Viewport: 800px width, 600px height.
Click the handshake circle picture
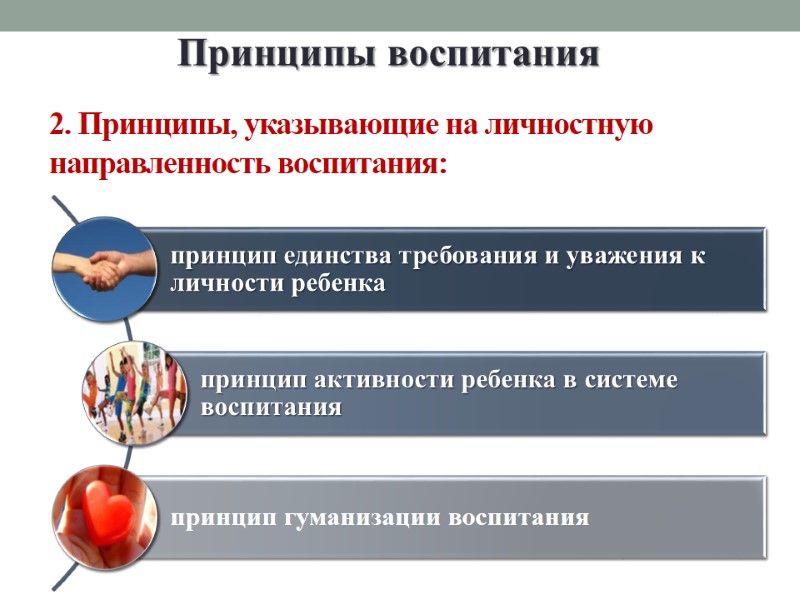click(x=104, y=268)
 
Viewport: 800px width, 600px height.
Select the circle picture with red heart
click(x=104, y=517)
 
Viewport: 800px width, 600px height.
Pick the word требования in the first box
click(x=469, y=256)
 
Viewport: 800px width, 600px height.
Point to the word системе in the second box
click(x=620, y=380)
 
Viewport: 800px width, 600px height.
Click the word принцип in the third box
click(x=218, y=518)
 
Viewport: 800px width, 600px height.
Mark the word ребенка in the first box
click(x=338, y=284)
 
